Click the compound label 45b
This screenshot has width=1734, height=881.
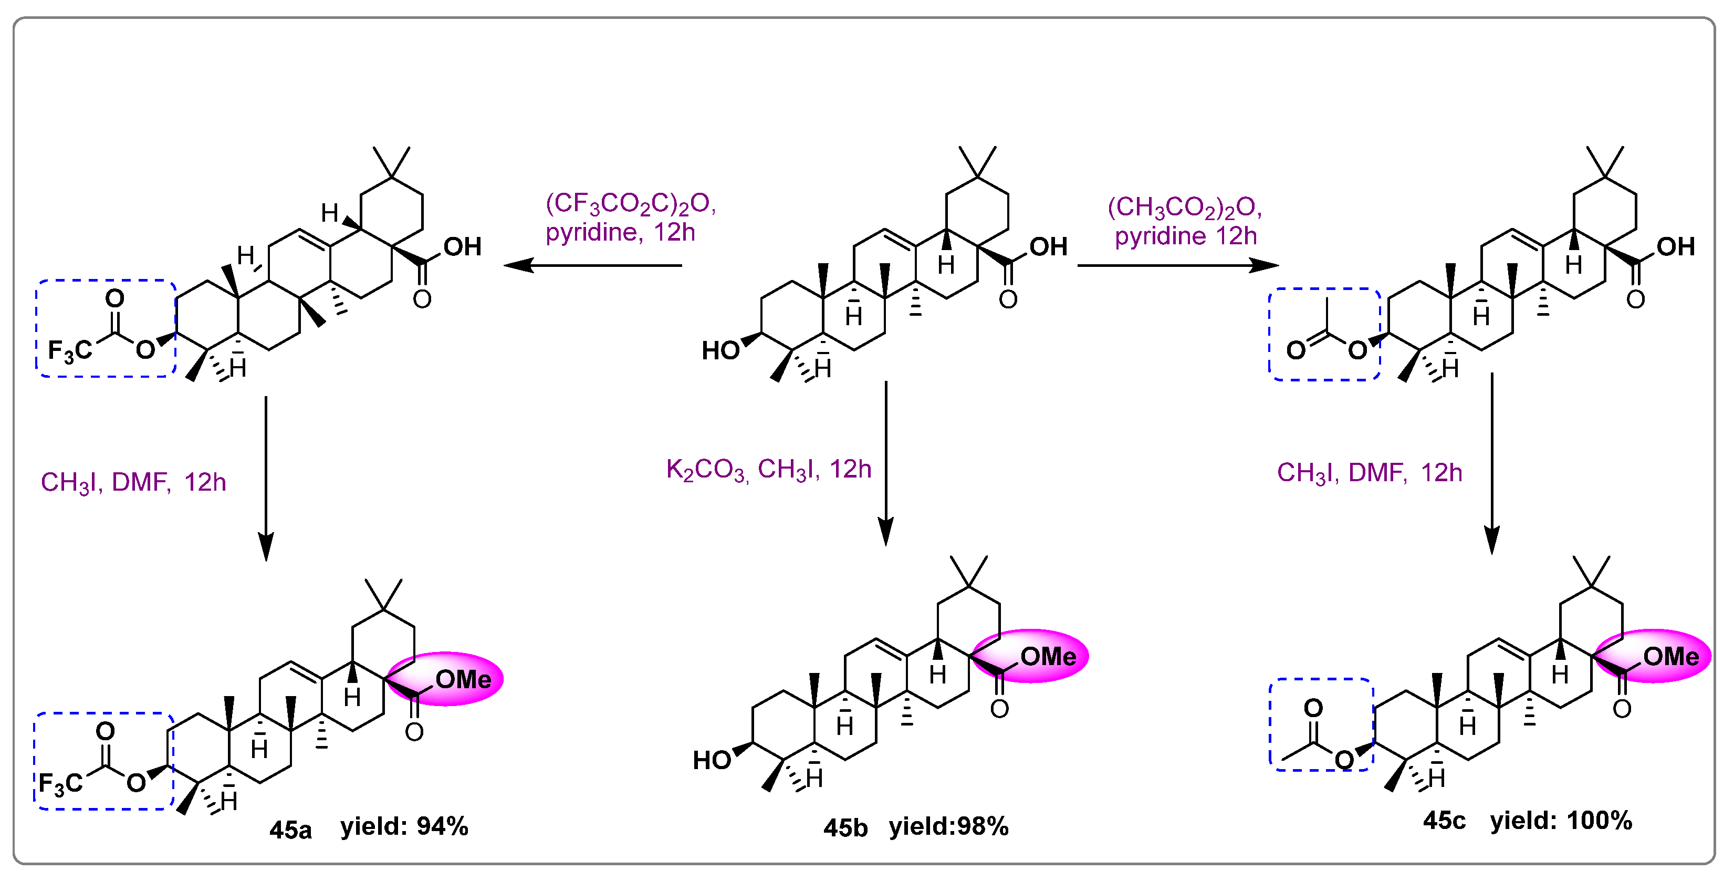pos(845,827)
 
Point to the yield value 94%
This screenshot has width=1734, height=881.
pos(442,826)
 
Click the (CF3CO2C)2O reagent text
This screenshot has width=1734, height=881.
pos(630,203)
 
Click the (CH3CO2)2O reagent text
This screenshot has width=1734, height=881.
pos(1184,207)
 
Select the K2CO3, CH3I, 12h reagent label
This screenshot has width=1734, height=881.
pos(768,470)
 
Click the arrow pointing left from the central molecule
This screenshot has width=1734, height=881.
pos(592,265)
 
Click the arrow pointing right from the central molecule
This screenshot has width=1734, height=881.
pos(1177,265)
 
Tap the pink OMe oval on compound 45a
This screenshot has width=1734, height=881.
pos(446,679)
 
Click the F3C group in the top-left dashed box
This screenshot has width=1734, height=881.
pos(69,351)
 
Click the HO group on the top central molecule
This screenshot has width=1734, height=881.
pos(720,350)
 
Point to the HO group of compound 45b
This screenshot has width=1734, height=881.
pos(712,760)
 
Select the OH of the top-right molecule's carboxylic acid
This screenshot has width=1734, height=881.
pos(1675,246)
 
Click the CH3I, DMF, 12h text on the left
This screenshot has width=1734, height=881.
pos(133,482)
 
